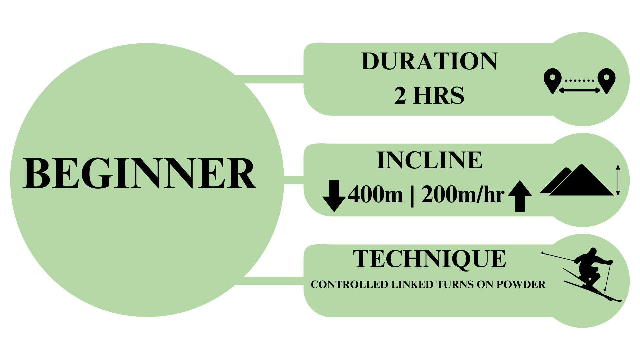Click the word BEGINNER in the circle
(139, 174)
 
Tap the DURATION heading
(429, 61)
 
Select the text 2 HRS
(429, 95)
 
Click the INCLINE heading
(429, 160)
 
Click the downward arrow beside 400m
(334, 196)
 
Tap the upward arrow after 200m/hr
(520, 196)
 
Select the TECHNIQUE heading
(429, 259)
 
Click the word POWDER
(521, 285)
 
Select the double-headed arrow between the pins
(579, 90)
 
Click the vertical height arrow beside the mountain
(618, 180)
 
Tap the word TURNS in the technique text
(455, 285)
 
